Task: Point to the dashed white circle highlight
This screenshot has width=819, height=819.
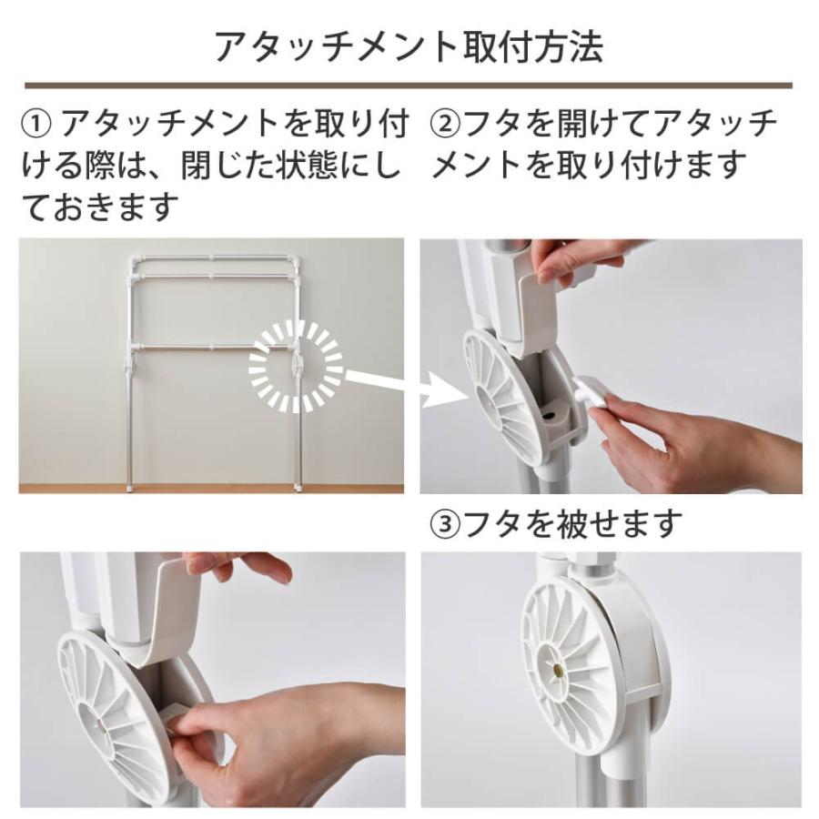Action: [296, 369]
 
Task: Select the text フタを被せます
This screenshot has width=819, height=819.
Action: [572, 523]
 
